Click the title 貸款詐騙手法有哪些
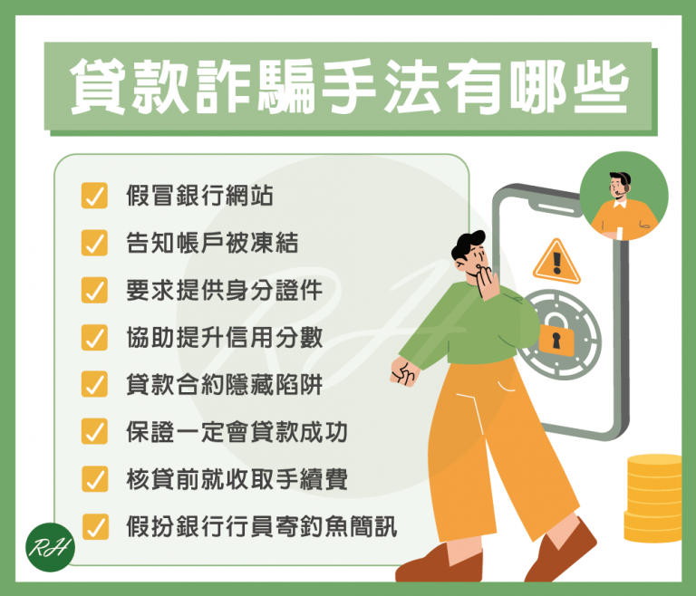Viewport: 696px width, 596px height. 349,86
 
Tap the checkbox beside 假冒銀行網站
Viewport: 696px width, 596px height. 94,196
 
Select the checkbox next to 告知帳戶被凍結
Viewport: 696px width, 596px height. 94,243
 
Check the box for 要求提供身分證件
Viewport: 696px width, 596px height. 94,290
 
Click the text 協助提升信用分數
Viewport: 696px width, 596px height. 224,338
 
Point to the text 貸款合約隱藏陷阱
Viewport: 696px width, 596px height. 224,385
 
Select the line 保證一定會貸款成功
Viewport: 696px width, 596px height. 237,432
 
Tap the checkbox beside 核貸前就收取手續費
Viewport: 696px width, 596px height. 95,479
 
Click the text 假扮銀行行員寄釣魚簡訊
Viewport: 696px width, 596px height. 261,527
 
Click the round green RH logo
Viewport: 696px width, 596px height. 50,547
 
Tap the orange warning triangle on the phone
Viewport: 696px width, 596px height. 556,262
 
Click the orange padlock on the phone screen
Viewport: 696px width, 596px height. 556,339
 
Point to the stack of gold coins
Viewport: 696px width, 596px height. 653,498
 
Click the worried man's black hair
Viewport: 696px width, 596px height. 468,245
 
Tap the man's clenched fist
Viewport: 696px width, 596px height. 404,371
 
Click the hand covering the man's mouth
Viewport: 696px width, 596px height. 488,283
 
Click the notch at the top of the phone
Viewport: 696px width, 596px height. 555,207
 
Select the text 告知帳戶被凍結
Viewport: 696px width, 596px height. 212,243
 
